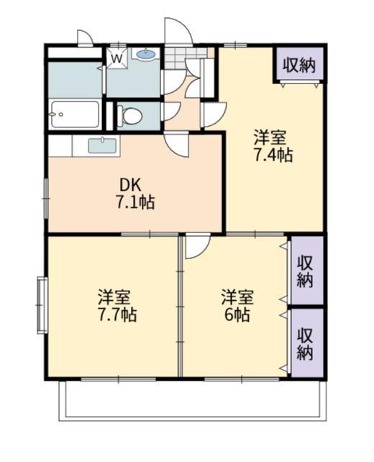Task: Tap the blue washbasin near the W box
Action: pos(146,54)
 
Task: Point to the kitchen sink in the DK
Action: pos(102,145)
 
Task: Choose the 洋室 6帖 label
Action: pos(236,305)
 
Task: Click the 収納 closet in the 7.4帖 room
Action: pos(298,65)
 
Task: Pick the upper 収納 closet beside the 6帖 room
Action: pos(306,270)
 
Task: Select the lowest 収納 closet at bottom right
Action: pos(306,343)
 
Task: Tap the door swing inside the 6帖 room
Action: pos(196,247)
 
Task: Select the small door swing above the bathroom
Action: pos(85,37)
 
